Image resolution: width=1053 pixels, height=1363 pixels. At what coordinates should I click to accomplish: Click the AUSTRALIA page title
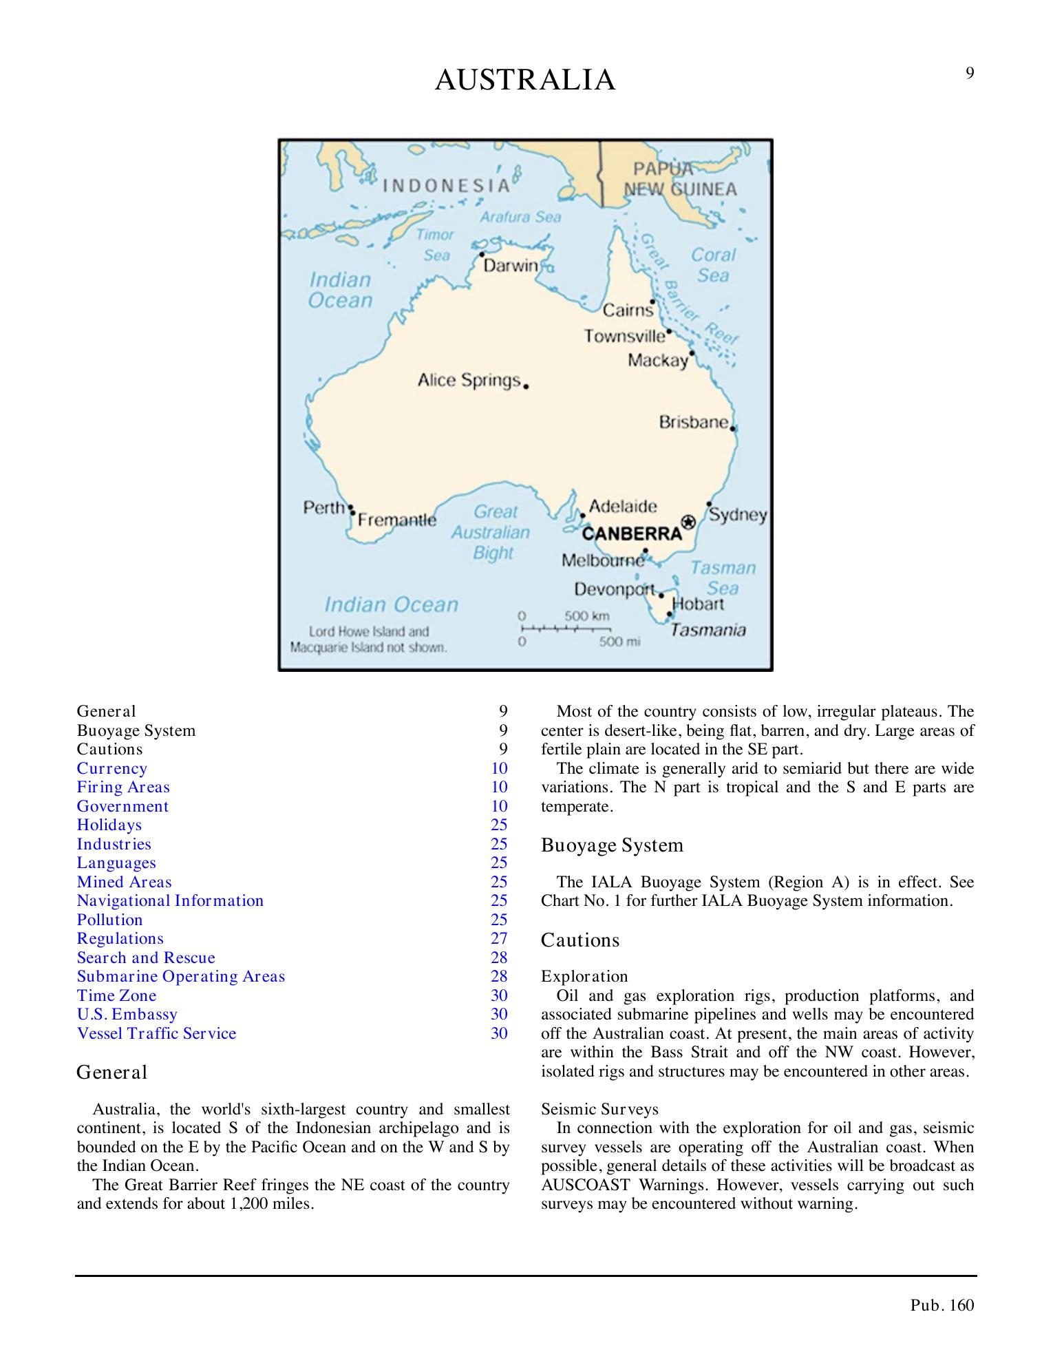click(525, 81)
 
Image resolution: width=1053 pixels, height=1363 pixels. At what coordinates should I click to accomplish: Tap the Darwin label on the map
click(510, 266)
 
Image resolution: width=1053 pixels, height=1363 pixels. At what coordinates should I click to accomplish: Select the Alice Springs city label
click(469, 380)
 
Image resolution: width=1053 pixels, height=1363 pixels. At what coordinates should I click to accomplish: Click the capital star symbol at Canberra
click(688, 521)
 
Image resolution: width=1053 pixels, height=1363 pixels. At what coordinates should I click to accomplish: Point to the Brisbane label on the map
click(694, 421)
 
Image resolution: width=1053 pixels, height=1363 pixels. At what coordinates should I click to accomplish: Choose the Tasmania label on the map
click(708, 630)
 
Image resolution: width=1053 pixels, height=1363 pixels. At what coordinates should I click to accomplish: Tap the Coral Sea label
click(714, 265)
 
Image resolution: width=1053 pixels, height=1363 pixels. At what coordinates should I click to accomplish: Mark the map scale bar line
click(565, 628)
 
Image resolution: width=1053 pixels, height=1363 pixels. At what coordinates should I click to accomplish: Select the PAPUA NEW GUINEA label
click(680, 179)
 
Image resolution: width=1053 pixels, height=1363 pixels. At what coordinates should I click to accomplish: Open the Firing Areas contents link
click(123, 788)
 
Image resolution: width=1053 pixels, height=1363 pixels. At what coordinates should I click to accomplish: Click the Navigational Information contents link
click(170, 901)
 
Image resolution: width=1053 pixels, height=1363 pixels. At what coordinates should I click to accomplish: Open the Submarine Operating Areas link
click(181, 977)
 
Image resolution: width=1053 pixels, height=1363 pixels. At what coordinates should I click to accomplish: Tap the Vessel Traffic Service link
click(156, 1033)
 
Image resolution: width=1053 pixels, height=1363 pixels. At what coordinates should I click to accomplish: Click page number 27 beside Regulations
click(499, 939)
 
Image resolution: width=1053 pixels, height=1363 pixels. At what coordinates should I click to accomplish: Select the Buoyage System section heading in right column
click(613, 845)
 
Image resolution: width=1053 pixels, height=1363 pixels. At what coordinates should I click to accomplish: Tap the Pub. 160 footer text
click(942, 1305)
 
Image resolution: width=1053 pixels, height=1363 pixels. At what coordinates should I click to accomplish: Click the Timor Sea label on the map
click(435, 244)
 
